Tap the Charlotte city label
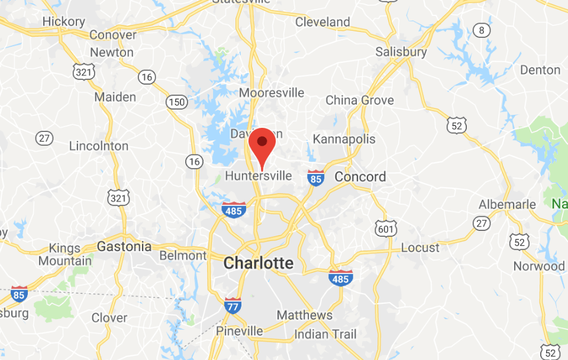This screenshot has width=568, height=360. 258,263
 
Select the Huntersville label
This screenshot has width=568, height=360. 259,176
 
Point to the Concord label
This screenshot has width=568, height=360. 360,176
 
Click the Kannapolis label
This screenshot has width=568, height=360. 344,139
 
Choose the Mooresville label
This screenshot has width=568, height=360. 272,93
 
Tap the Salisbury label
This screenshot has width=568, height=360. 401,52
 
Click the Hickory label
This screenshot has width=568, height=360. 64,21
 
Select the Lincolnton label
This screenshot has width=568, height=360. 98,146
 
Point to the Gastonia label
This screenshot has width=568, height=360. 124,246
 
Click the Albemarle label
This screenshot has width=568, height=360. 507,205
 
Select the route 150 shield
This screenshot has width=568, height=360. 176,101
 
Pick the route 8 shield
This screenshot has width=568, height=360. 482,30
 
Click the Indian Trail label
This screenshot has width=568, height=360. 325,335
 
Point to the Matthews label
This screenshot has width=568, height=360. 305,315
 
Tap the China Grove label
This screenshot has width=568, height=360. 359,100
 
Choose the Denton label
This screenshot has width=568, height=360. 540,70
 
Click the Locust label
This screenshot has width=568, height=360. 420,247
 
